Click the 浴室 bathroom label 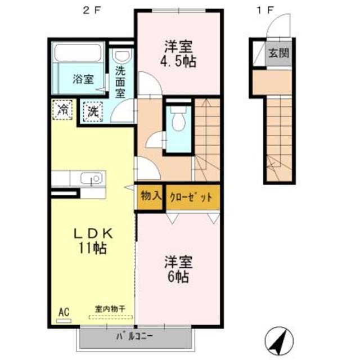tap(83, 79)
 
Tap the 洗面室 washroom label tap(120, 81)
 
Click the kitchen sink tap(91, 179)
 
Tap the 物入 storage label tap(151, 197)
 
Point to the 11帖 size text tap(93, 248)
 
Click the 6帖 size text tap(178, 276)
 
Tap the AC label tap(64, 310)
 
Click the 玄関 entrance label tap(278, 54)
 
